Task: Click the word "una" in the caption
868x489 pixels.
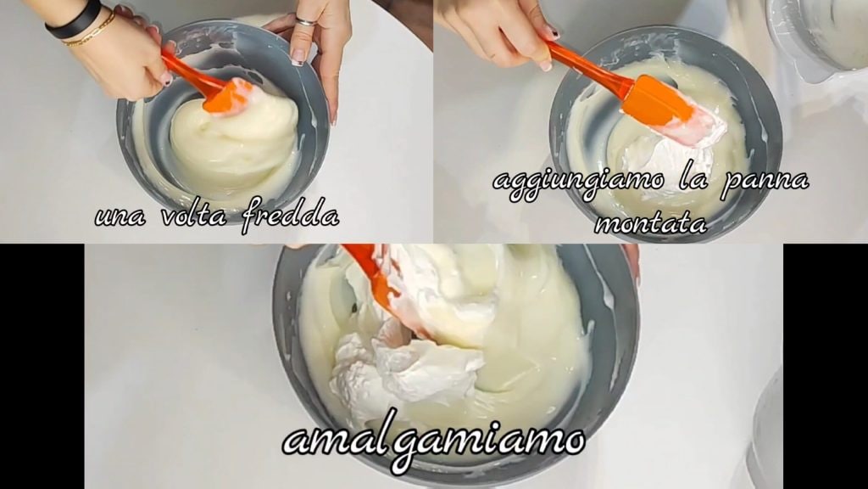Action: [x=120, y=216]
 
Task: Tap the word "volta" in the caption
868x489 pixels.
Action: [x=194, y=213]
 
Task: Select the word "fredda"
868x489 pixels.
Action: [x=290, y=213]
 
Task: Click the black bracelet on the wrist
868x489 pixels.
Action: [x=74, y=20]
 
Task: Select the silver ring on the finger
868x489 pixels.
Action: [x=305, y=21]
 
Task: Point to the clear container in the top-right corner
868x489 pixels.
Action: [x=820, y=34]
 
